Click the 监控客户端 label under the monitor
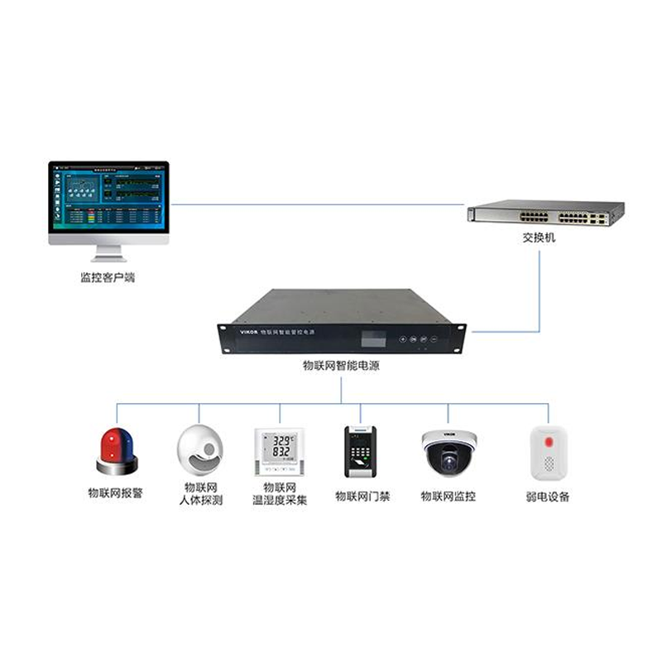(108, 278)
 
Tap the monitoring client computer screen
(108, 198)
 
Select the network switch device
(545, 213)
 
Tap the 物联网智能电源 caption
(341, 365)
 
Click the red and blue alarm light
(117, 450)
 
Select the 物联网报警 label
(116, 493)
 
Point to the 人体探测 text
(200, 501)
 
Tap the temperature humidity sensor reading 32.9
(279, 451)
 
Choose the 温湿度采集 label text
(280, 501)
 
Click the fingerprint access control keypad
(360, 451)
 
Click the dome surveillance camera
(449, 452)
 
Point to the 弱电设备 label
(547, 496)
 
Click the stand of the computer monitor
(108, 252)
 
